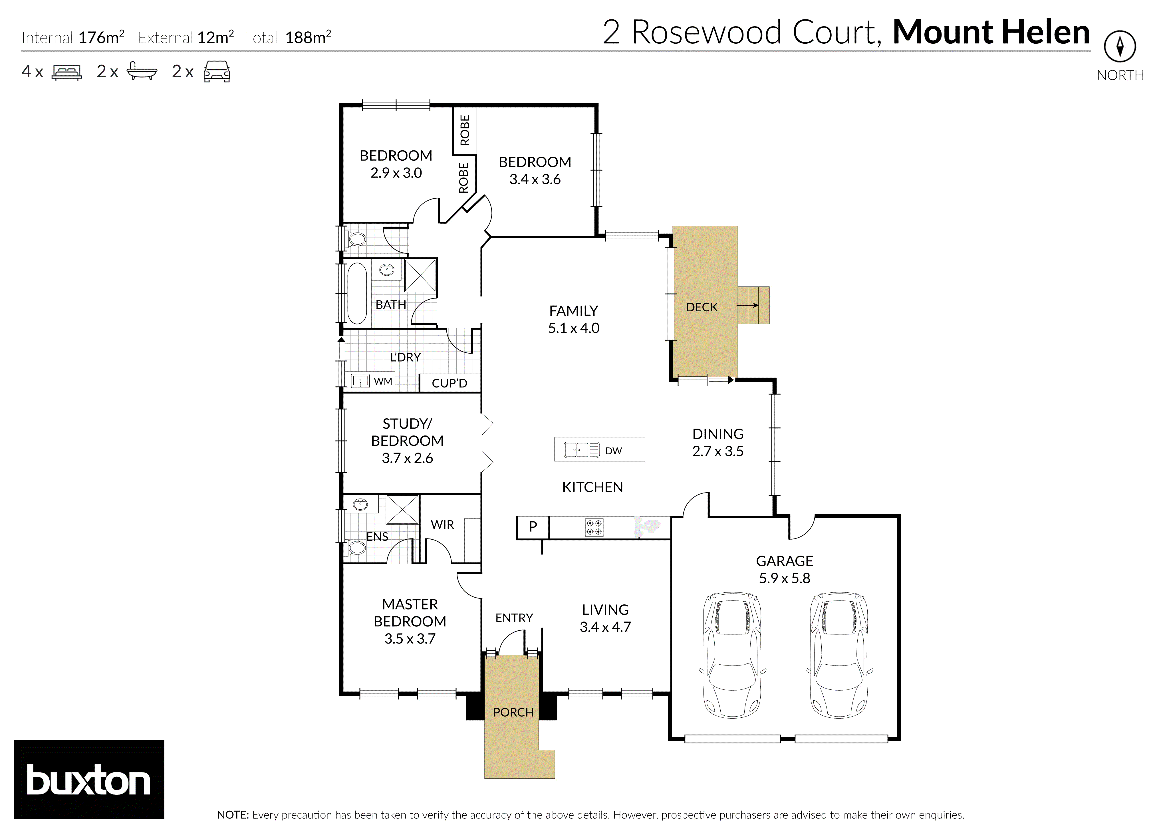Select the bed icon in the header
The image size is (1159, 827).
coord(67,72)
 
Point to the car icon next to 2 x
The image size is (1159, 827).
coord(217,72)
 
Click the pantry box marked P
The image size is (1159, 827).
coord(533,527)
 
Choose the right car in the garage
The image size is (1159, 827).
coord(839,655)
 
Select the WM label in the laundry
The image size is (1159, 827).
coord(383,382)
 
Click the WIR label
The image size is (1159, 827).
coord(442,525)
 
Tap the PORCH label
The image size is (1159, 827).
coord(513,712)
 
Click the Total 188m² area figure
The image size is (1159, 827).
coord(308,37)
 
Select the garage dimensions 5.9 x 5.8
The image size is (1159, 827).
coord(784,578)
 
